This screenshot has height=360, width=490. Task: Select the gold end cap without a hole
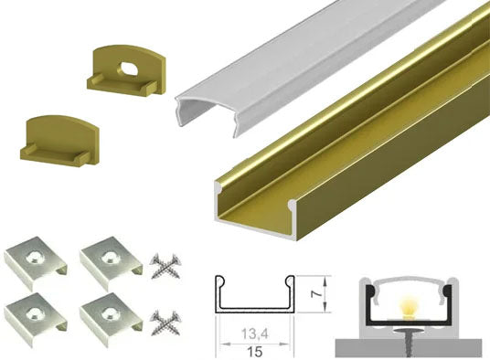point(60,141)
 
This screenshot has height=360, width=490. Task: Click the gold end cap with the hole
point(126,70)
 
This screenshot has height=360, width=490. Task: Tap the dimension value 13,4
point(255,334)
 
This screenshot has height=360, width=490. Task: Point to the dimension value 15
point(255,352)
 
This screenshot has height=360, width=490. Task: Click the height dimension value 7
point(317,294)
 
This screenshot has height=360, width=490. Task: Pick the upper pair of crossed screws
point(165,266)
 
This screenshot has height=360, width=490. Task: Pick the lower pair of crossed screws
point(165,323)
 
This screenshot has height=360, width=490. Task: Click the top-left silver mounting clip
point(35,262)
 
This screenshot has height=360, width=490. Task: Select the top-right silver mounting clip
point(112,262)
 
